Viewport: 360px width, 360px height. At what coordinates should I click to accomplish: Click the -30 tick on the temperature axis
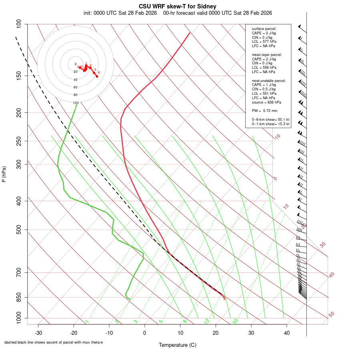click(38, 333)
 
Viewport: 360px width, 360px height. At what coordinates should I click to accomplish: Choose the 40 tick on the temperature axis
click(286, 333)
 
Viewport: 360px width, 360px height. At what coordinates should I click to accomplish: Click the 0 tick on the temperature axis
click(145, 333)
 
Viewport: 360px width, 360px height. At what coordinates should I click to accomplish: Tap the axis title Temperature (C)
click(178, 345)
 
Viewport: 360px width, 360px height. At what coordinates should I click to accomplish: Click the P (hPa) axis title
click(4, 174)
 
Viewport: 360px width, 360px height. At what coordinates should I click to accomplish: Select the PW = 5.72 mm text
click(264, 111)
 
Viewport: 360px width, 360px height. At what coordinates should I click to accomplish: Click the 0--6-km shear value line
click(270, 120)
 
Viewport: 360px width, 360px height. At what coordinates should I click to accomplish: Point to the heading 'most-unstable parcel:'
click(269, 80)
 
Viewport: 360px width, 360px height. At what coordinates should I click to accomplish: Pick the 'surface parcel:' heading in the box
click(264, 29)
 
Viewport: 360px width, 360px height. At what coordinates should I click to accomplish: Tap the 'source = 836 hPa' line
click(266, 102)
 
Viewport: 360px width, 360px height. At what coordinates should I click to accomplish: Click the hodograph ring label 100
click(76, 103)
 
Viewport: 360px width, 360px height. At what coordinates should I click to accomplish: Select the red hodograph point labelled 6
click(97, 76)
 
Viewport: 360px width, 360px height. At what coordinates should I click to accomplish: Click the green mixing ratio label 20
click(236, 321)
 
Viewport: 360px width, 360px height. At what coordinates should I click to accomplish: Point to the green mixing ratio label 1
click(87, 322)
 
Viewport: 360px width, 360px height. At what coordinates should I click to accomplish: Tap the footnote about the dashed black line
click(54, 342)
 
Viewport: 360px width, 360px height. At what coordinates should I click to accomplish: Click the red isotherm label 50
click(331, 315)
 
